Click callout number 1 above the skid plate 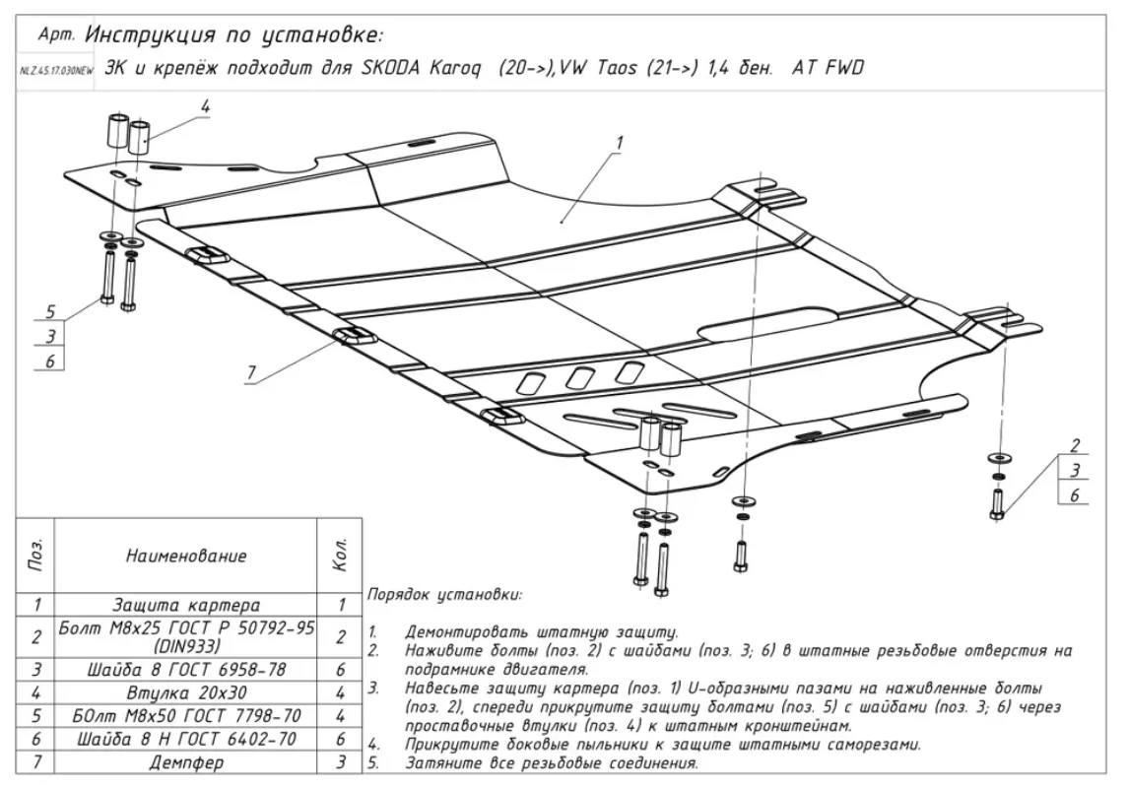point(620,143)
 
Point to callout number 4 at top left point(206,106)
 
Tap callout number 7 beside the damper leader point(251,372)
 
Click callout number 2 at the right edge point(1076,444)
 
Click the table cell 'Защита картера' point(185,605)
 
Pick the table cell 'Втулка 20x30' point(185,692)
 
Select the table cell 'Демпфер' point(185,762)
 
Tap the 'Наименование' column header point(185,557)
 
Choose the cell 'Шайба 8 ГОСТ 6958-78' point(185,670)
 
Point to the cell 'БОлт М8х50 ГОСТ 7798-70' point(185,716)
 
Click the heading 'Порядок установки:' point(444,595)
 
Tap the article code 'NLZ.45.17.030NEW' point(55,72)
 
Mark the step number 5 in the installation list point(373,762)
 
